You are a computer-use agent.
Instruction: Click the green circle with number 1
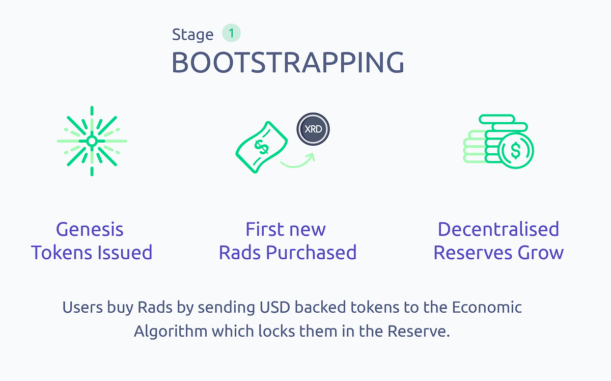coord(231,33)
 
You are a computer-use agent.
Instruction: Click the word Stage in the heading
coord(192,35)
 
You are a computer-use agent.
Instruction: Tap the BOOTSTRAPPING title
coord(288,63)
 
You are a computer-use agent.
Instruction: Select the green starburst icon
coord(92,141)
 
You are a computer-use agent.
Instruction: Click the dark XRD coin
coord(313,129)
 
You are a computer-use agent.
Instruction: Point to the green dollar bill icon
coord(261,147)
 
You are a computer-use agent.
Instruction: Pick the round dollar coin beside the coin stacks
coord(515,151)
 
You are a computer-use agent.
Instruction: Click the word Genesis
coord(90,229)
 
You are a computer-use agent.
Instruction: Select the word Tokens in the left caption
coord(62,253)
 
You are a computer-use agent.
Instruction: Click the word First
coord(265,229)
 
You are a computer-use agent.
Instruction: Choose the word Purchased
coord(311,253)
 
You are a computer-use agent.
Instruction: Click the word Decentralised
coord(498,229)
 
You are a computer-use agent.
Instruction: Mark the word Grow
coord(541,253)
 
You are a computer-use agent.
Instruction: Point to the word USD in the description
coord(275,307)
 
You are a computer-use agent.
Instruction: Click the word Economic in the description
coord(487,307)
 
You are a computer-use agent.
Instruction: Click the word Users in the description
coord(82,307)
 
